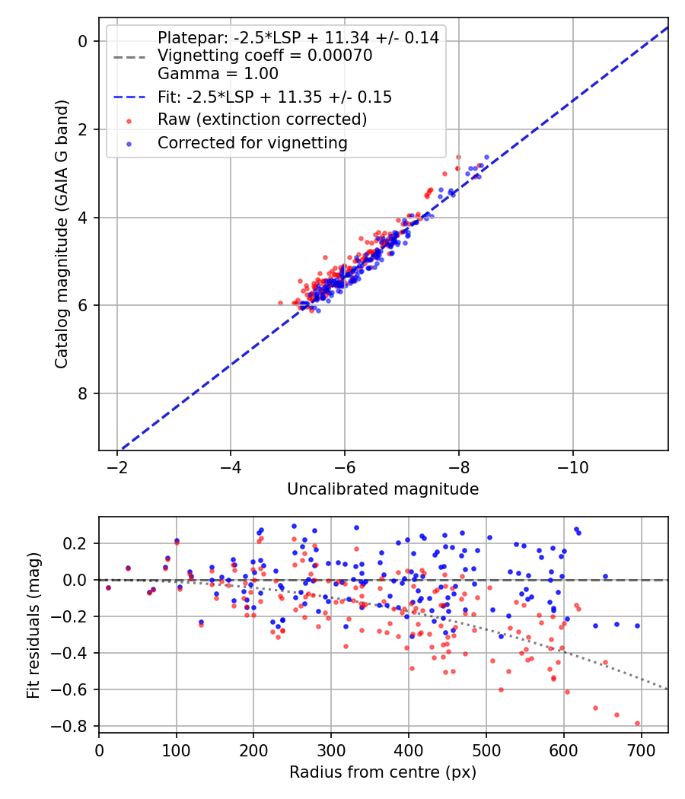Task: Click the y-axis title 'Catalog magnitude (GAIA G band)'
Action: pos(62,234)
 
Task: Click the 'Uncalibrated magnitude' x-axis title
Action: pos(383,489)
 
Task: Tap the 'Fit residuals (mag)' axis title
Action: pos(33,626)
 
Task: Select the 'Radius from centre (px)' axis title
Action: pos(383,772)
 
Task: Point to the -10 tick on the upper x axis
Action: pos(573,467)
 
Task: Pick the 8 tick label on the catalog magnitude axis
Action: pos(82,394)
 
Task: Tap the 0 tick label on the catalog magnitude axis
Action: pos(82,41)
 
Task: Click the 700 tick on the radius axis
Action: pos(641,750)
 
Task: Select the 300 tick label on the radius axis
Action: pos(331,750)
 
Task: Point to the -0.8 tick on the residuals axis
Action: pos(75,726)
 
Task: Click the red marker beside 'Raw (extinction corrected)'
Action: pos(129,121)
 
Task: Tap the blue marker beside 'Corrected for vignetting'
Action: pos(129,145)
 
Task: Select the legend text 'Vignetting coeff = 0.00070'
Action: pos(265,56)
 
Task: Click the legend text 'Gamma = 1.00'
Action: pos(218,74)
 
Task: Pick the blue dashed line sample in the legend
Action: pos(129,97)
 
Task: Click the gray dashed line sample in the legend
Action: pos(129,57)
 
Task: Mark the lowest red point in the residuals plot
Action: pos(637,724)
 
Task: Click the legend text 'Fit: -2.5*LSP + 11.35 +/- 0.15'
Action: pos(275,97)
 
